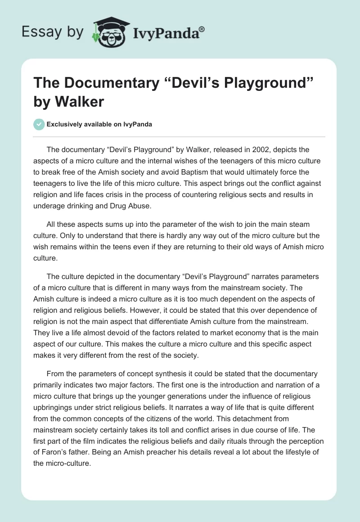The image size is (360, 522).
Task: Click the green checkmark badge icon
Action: pos(39,125)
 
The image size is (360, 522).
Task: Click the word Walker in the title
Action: pos(79,102)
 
